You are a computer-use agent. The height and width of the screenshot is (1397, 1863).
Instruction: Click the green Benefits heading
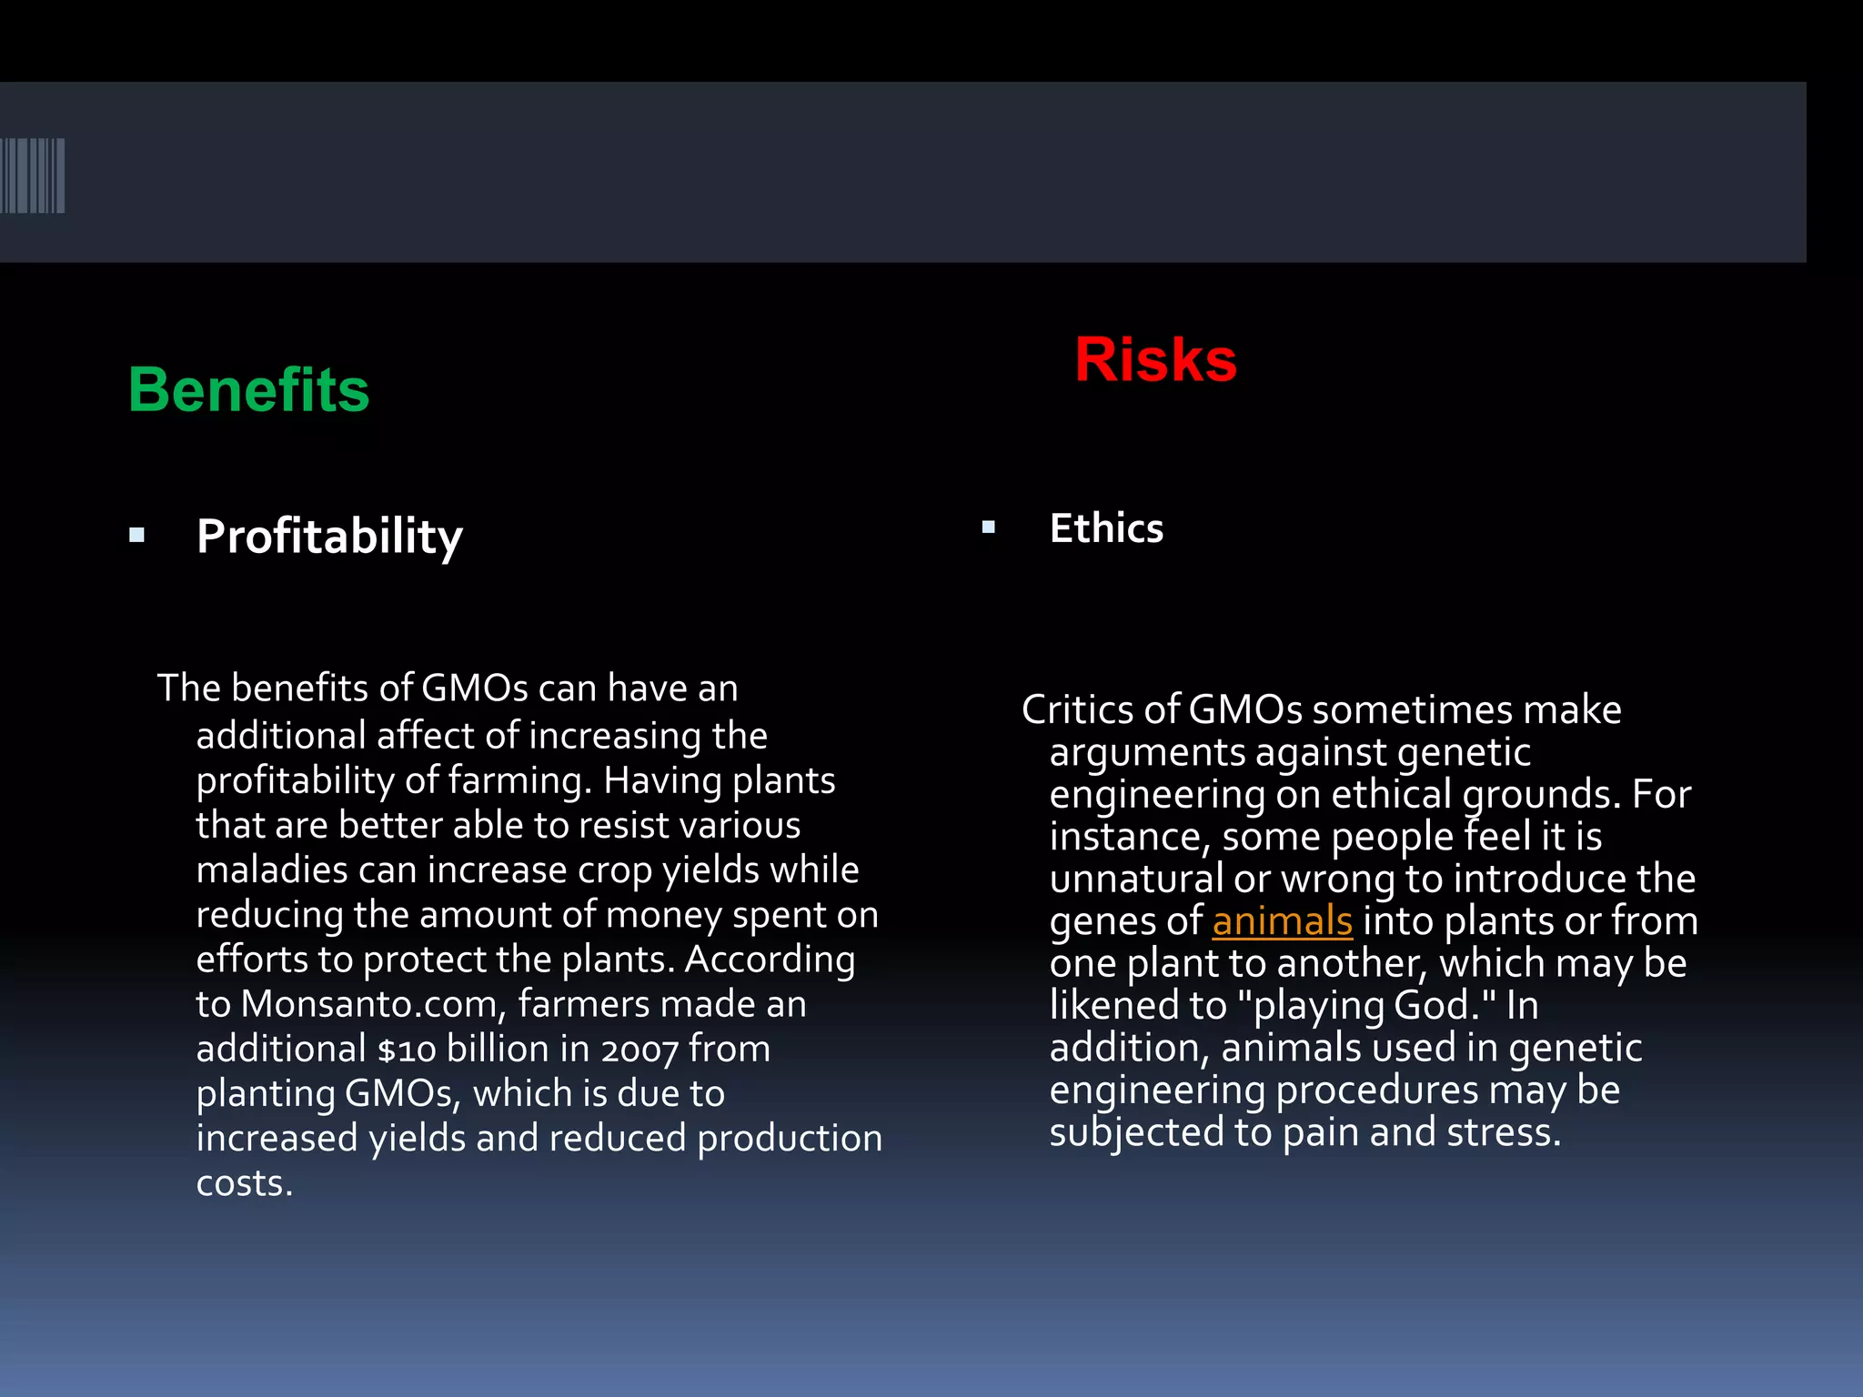coord(248,389)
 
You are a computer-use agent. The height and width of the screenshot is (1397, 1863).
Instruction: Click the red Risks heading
coord(1155,360)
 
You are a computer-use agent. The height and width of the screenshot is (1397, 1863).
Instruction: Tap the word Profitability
coord(329,536)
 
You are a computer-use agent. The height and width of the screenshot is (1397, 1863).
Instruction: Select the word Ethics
coord(1106,528)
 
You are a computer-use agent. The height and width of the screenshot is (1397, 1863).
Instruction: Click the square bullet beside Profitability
coord(137,536)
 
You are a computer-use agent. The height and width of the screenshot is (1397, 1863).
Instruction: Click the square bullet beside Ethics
coord(989,527)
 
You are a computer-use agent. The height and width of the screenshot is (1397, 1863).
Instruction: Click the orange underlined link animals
coord(1282,921)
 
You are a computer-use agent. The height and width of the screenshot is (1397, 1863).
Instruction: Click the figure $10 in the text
coord(407,1050)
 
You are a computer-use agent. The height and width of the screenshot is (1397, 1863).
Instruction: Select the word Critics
coord(1076,710)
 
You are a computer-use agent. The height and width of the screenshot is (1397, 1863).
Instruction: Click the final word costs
coord(244,1183)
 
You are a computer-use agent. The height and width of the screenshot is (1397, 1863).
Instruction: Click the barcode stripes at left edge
coord(33,176)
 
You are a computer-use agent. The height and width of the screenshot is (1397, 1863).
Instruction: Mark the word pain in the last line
coord(1321,1133)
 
